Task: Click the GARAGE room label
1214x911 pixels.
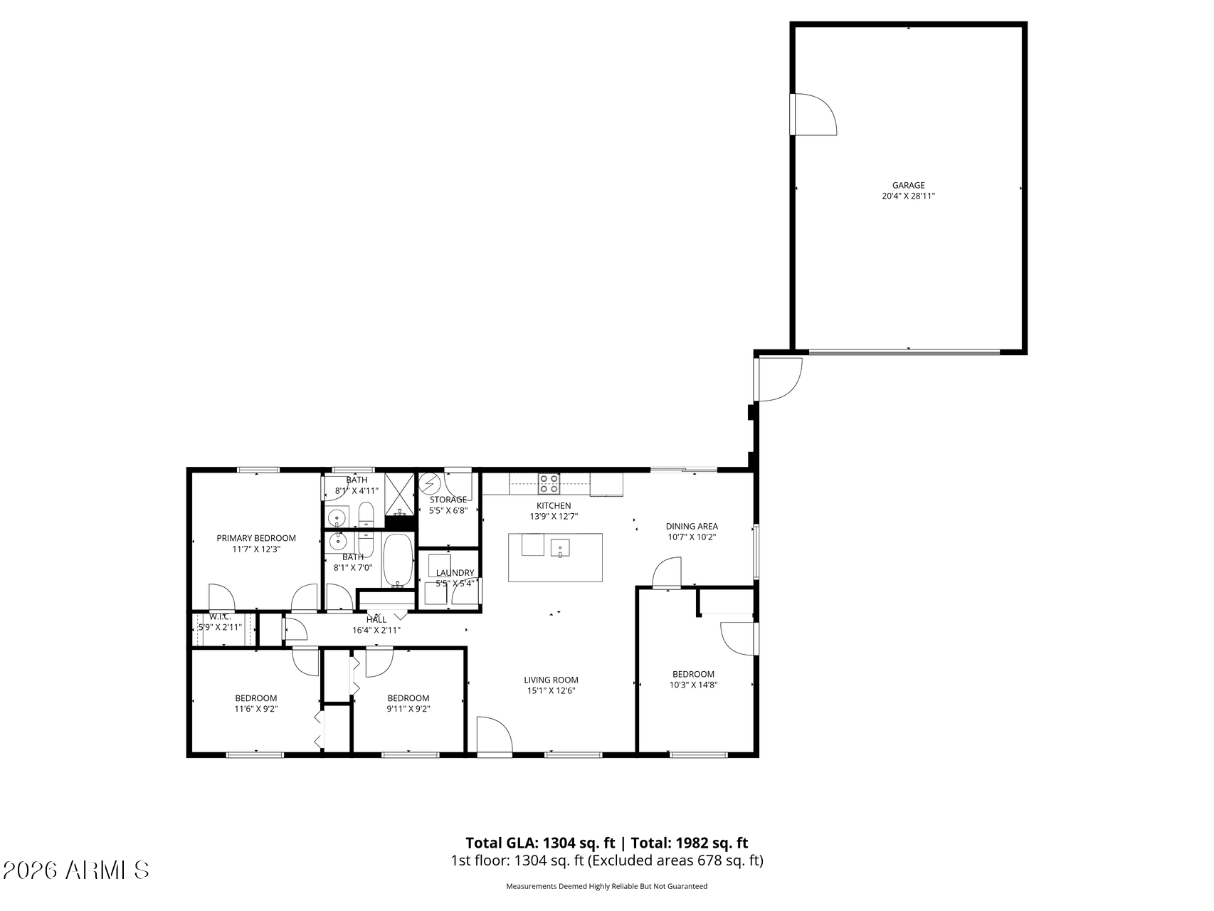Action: coord(908,185)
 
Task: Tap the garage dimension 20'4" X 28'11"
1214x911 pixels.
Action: coord(908,196)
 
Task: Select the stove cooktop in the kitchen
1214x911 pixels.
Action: coord(548,484)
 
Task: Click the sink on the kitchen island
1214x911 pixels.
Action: coord(559,548)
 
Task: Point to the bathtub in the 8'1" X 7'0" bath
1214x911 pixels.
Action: coord(398,560)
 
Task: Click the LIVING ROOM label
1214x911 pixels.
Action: coord(551,680)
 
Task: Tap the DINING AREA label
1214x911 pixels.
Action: coord(691,527)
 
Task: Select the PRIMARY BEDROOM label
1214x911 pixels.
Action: coord(256,538)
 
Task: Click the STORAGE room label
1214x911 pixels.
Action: coord(448,500)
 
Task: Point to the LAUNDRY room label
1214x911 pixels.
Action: coord(455,573)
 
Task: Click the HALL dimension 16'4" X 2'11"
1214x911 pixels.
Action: coord(376,630)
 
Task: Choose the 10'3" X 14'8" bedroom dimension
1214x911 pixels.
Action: coord(693,685)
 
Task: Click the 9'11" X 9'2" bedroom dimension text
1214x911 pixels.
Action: coord(408,709)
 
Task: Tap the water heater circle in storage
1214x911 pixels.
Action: coord(429,485)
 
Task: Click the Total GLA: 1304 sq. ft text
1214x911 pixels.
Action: coord(539,843)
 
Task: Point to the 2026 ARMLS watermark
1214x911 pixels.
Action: coord(75,870)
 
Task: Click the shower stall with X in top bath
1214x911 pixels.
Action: coord(400,493)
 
